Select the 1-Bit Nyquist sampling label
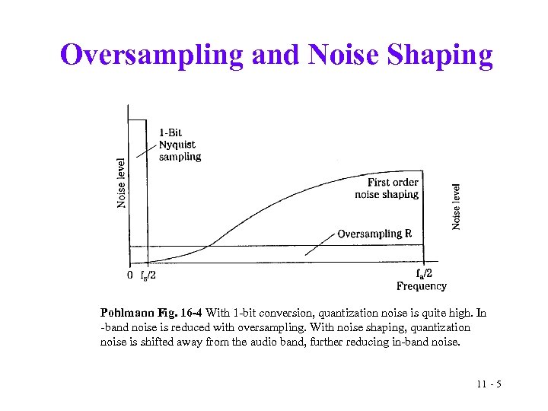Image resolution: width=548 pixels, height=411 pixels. pyautogui.click(x=180, y=145)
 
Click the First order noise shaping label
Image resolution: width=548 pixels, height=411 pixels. pyautogui.click(x=387, y=188)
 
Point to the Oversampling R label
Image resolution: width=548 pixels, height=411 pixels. pyautogui.click(x=374, y=234)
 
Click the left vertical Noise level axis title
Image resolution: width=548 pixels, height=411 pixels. pyautogui.click(x=122, y=183)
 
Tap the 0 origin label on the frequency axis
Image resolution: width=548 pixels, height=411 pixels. pyautogui.click(x=130, y=275)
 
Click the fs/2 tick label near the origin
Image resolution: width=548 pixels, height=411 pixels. pyautogui.click(x=148, y=276)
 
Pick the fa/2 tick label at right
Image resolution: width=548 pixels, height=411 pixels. pyautogui.click(x=425, y=274)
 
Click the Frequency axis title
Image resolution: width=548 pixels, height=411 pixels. pyautogui.click(x=421, y=286)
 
